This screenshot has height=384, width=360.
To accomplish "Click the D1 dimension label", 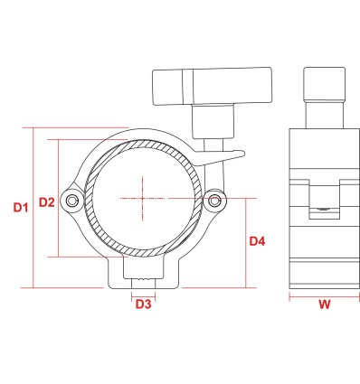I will tap(21, 208).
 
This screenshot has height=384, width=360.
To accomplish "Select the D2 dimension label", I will tap(47, 202).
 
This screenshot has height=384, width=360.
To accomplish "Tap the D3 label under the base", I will tap(143, 304).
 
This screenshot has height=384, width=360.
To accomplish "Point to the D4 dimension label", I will tap(257, 242).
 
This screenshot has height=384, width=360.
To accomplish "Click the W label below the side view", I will tap(323, 304).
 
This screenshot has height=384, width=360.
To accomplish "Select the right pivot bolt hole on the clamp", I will tap(214, 200).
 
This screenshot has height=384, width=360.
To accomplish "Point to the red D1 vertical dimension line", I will tap(34, 208).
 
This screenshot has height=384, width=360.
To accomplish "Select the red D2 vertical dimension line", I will tap(60, 199).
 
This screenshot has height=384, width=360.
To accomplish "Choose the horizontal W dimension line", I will tap(323, 294).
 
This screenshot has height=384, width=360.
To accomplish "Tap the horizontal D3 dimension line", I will tap(143, 294).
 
